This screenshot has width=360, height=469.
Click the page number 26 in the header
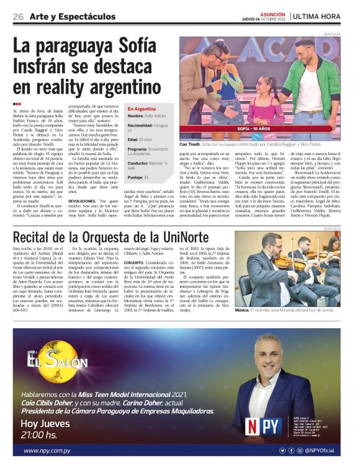coord(18,17)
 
